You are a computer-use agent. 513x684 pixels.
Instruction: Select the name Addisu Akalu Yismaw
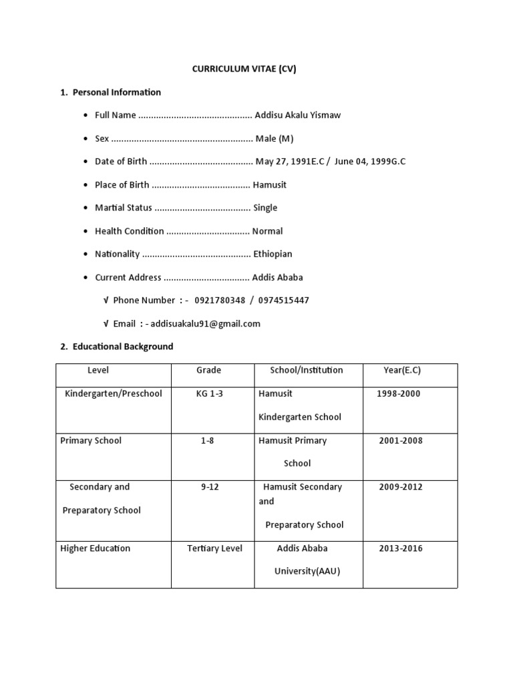[x=298, y=116]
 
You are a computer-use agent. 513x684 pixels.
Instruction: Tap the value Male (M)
[x=274, y=138]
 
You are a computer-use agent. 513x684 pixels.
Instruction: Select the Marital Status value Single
[x=265, y=208]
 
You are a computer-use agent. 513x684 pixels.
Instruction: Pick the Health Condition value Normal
[x=267, y=231]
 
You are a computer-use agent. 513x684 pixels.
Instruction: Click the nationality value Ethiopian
[x=273, y=254]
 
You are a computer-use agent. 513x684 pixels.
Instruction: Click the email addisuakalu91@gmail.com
[x=205, y=324]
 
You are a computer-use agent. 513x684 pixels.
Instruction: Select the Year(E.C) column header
[x=402, y=370]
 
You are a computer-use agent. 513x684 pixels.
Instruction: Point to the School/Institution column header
[x=307, y=370]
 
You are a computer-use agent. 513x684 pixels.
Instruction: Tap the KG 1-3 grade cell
[x=210, y=393]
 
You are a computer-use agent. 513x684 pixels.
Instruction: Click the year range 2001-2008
[x=401, y=441]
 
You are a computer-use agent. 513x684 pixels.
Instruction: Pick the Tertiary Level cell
[x=214, y=548]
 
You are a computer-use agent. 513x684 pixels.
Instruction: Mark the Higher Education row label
[x=96, y=548]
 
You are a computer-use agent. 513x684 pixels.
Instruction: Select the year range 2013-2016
[x=401, y=548]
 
